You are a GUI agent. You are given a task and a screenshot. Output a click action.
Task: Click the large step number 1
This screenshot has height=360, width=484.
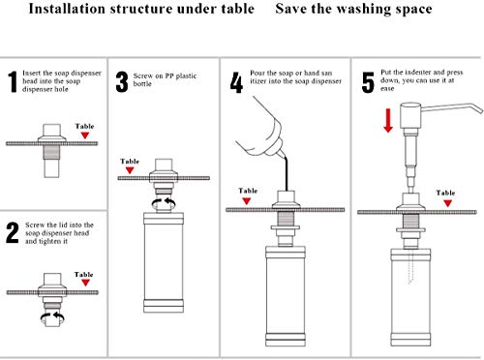coord(13,82)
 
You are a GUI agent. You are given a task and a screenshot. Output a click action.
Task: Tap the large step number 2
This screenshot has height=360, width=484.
coord(13,232)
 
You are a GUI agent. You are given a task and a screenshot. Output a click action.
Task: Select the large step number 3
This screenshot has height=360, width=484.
coord(122,82)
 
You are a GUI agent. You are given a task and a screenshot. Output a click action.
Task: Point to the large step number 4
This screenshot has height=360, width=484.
coord(236,82)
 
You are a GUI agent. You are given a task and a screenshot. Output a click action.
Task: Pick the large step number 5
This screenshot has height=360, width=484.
coord(368,82)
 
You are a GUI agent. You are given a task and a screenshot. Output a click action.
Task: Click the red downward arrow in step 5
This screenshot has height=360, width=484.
coord(388,120)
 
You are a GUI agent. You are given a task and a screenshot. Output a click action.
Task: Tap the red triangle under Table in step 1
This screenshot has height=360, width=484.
coord(85,135)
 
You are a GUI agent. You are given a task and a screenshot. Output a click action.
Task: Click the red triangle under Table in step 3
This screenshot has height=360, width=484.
coord(130,170)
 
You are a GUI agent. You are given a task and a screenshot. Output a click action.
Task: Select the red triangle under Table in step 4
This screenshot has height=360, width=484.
coord(247,201)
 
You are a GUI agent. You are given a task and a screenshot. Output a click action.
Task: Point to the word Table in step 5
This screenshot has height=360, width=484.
coord(445,193)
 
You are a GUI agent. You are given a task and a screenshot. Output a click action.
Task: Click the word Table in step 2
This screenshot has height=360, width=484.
coord(83,275)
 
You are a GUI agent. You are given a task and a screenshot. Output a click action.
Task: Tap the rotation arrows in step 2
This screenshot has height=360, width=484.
coord(52,316)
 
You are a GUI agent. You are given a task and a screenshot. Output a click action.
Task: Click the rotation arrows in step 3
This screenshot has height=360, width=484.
coord(164,203)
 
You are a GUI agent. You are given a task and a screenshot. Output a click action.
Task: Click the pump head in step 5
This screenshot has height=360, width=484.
coord(410,115)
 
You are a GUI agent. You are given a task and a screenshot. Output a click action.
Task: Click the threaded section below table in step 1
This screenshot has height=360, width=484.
coord(51,152)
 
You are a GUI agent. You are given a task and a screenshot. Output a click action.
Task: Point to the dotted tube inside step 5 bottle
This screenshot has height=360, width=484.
coord(410,266)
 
